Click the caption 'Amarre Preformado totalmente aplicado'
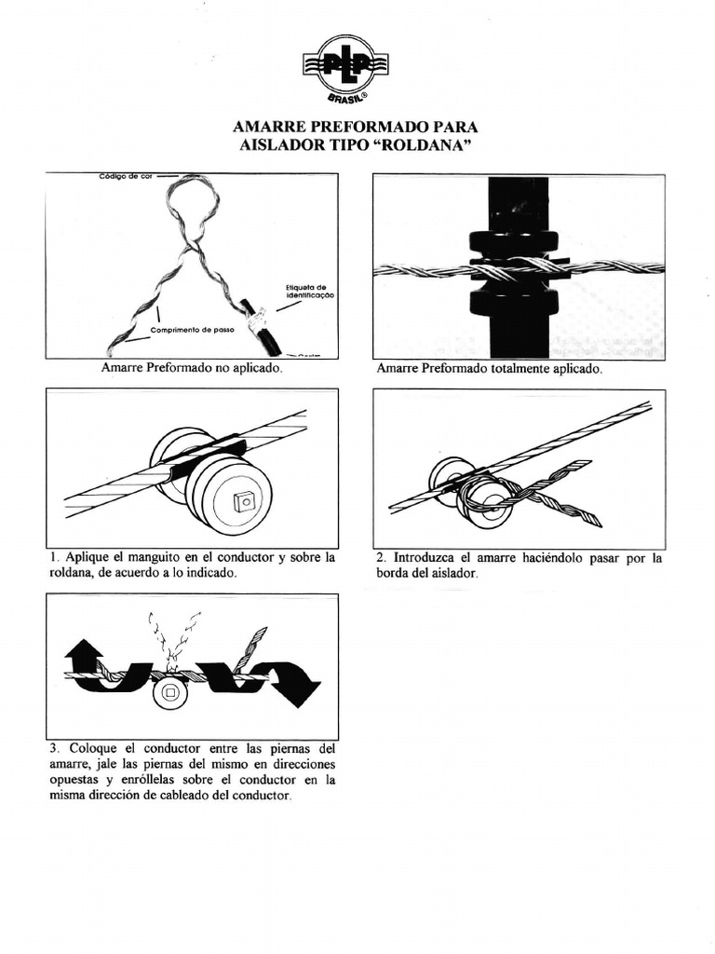[x=490, y=369]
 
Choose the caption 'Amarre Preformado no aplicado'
[x=191, y=369]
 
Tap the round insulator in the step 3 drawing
[x=170, y=692]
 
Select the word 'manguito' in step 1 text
[x=162, y=558]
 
